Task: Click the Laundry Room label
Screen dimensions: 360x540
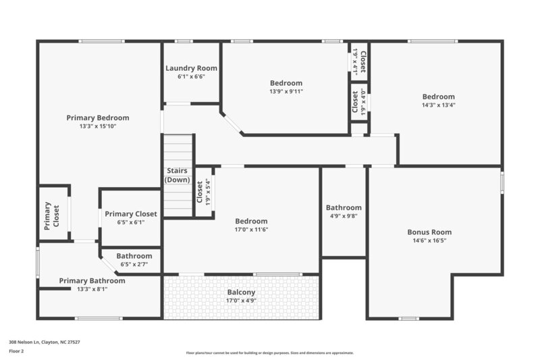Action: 192,68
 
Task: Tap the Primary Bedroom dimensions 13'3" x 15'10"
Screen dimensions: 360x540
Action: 98,126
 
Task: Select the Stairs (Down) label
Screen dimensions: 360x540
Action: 177,176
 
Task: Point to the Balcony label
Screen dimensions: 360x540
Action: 241,292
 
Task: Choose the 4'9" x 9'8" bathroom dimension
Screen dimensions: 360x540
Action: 344,217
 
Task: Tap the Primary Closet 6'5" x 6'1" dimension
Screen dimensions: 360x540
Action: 130,222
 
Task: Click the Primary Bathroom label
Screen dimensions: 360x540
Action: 92,280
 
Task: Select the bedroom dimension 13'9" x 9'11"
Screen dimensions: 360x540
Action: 286,92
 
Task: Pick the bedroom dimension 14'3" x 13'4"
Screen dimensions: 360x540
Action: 439,105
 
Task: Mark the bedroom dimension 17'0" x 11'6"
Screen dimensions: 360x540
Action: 251,230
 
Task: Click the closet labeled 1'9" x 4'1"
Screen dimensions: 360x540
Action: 355,61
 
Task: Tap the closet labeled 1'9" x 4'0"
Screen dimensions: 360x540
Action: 363,102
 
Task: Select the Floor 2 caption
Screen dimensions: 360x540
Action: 16,351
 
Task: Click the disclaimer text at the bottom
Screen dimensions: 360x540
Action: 269,353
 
